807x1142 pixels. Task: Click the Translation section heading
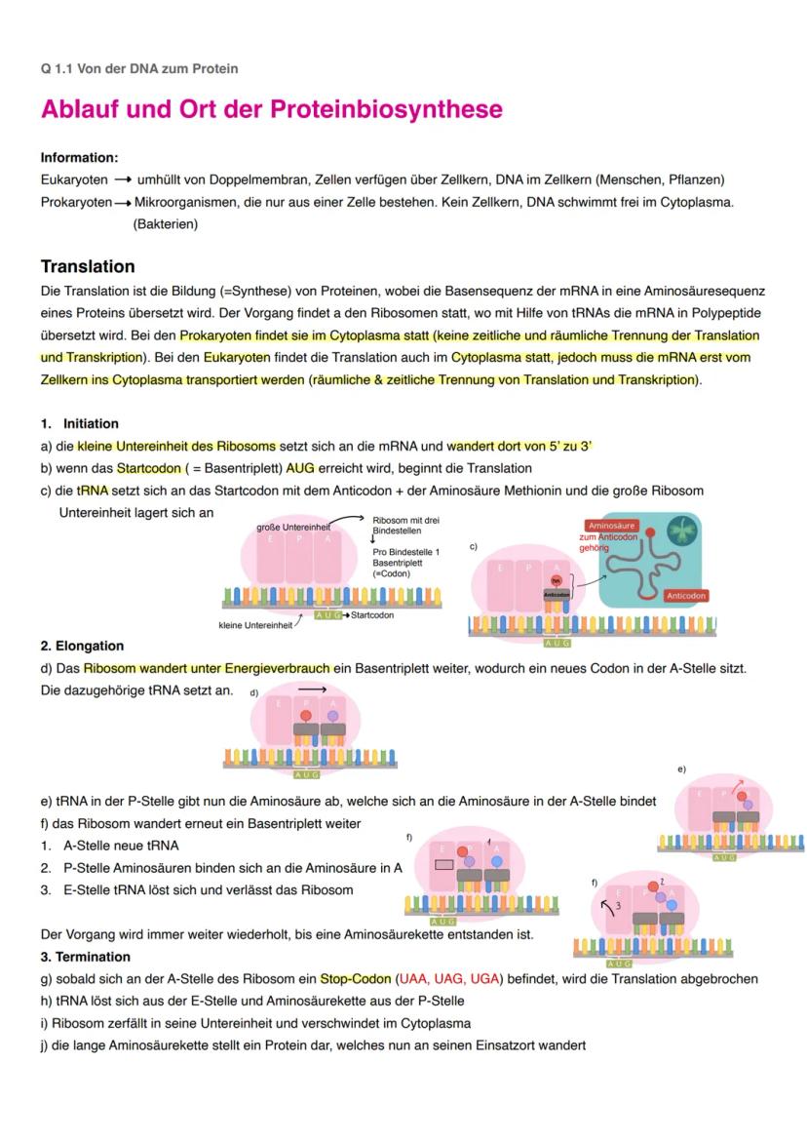[x=88, y=266]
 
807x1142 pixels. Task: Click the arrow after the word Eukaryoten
[x=122, y=180]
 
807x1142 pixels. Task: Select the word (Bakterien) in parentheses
[x=166, y=224]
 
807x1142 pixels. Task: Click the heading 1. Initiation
[x=80, y=424]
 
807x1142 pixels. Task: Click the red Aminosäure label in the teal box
[x=611, y=526]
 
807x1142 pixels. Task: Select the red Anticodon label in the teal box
[x=686, y=595]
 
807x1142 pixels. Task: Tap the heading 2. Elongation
[x=83, y=646]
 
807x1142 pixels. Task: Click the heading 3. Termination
[x=86, y=957]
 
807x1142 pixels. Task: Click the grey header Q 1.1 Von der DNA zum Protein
[x=139, y=68]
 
